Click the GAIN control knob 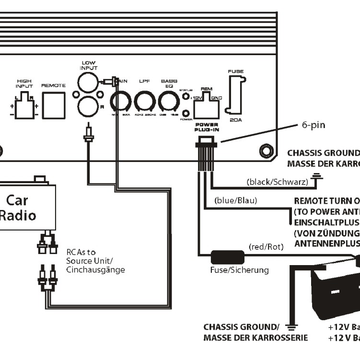(121, 102)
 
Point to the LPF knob (144, 102)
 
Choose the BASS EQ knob (168, 102)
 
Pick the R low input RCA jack (87, 106)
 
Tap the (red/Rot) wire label (267, 247)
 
